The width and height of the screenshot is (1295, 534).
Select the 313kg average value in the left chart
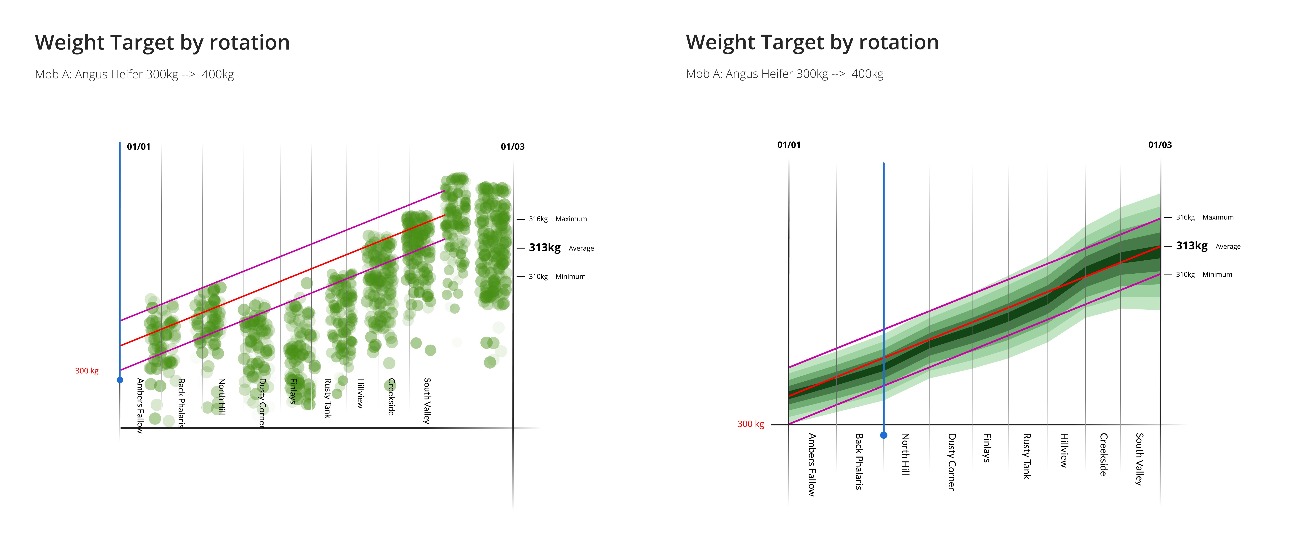(544, 248)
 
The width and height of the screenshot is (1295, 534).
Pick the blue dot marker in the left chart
(120, 380)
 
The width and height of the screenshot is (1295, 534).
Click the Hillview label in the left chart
(360, 393)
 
